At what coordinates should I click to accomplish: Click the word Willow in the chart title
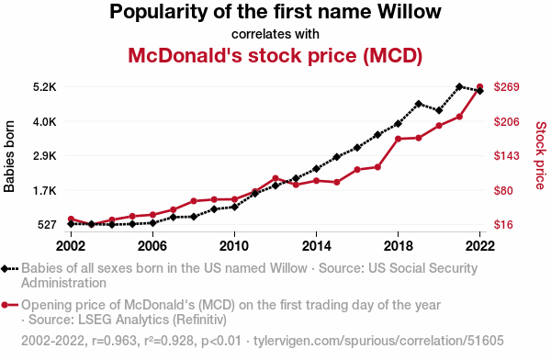point(410,12)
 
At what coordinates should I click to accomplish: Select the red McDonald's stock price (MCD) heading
point(275,55)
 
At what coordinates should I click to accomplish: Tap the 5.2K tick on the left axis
point(45,87)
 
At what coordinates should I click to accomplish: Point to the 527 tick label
point(47,225)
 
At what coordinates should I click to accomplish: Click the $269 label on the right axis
point(506,87)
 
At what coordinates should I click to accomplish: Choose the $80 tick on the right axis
point(503,190)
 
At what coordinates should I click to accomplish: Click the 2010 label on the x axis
point(234,246)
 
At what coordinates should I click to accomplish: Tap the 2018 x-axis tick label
point(399,246)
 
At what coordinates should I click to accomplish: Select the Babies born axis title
point(9,156)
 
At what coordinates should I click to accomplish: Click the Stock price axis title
point(541,155)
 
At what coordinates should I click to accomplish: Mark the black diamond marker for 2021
point(459,86)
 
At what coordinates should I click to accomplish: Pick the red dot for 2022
point(479,86)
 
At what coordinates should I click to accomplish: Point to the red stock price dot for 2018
point(399,139)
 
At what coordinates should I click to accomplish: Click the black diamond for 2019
point(418,104)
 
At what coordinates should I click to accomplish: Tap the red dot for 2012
point(275,178)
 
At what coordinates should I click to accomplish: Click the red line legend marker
point(9,305)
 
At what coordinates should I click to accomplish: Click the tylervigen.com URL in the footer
point(378,341)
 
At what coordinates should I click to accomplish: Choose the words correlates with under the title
point(275,34)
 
